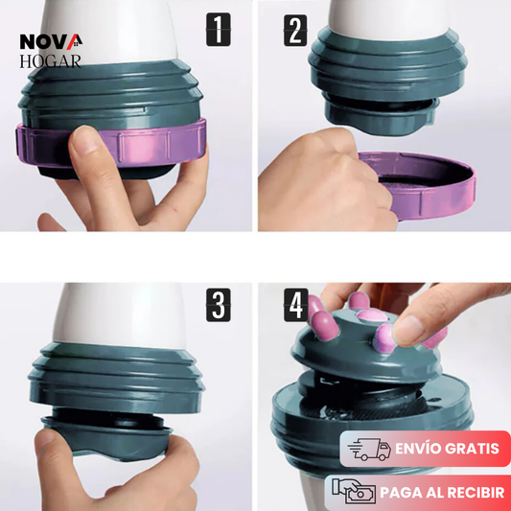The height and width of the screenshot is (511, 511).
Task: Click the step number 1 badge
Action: pos(218,30)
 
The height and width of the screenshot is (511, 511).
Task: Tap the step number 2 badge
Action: pos(295,30)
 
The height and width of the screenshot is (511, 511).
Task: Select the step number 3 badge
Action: pos(218,305)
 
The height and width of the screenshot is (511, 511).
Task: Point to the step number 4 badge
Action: pos(295,305)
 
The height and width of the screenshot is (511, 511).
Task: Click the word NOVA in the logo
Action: pos(51,42)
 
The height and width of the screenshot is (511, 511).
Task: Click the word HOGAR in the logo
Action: pos(50,61)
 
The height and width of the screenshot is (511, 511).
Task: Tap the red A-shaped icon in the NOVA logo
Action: pos(75,42)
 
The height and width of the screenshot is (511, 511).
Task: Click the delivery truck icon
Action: pos(369,449)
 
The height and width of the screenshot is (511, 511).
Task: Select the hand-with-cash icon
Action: pos(353,491)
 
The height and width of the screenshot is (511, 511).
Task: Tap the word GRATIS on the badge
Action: pos(471,449)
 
